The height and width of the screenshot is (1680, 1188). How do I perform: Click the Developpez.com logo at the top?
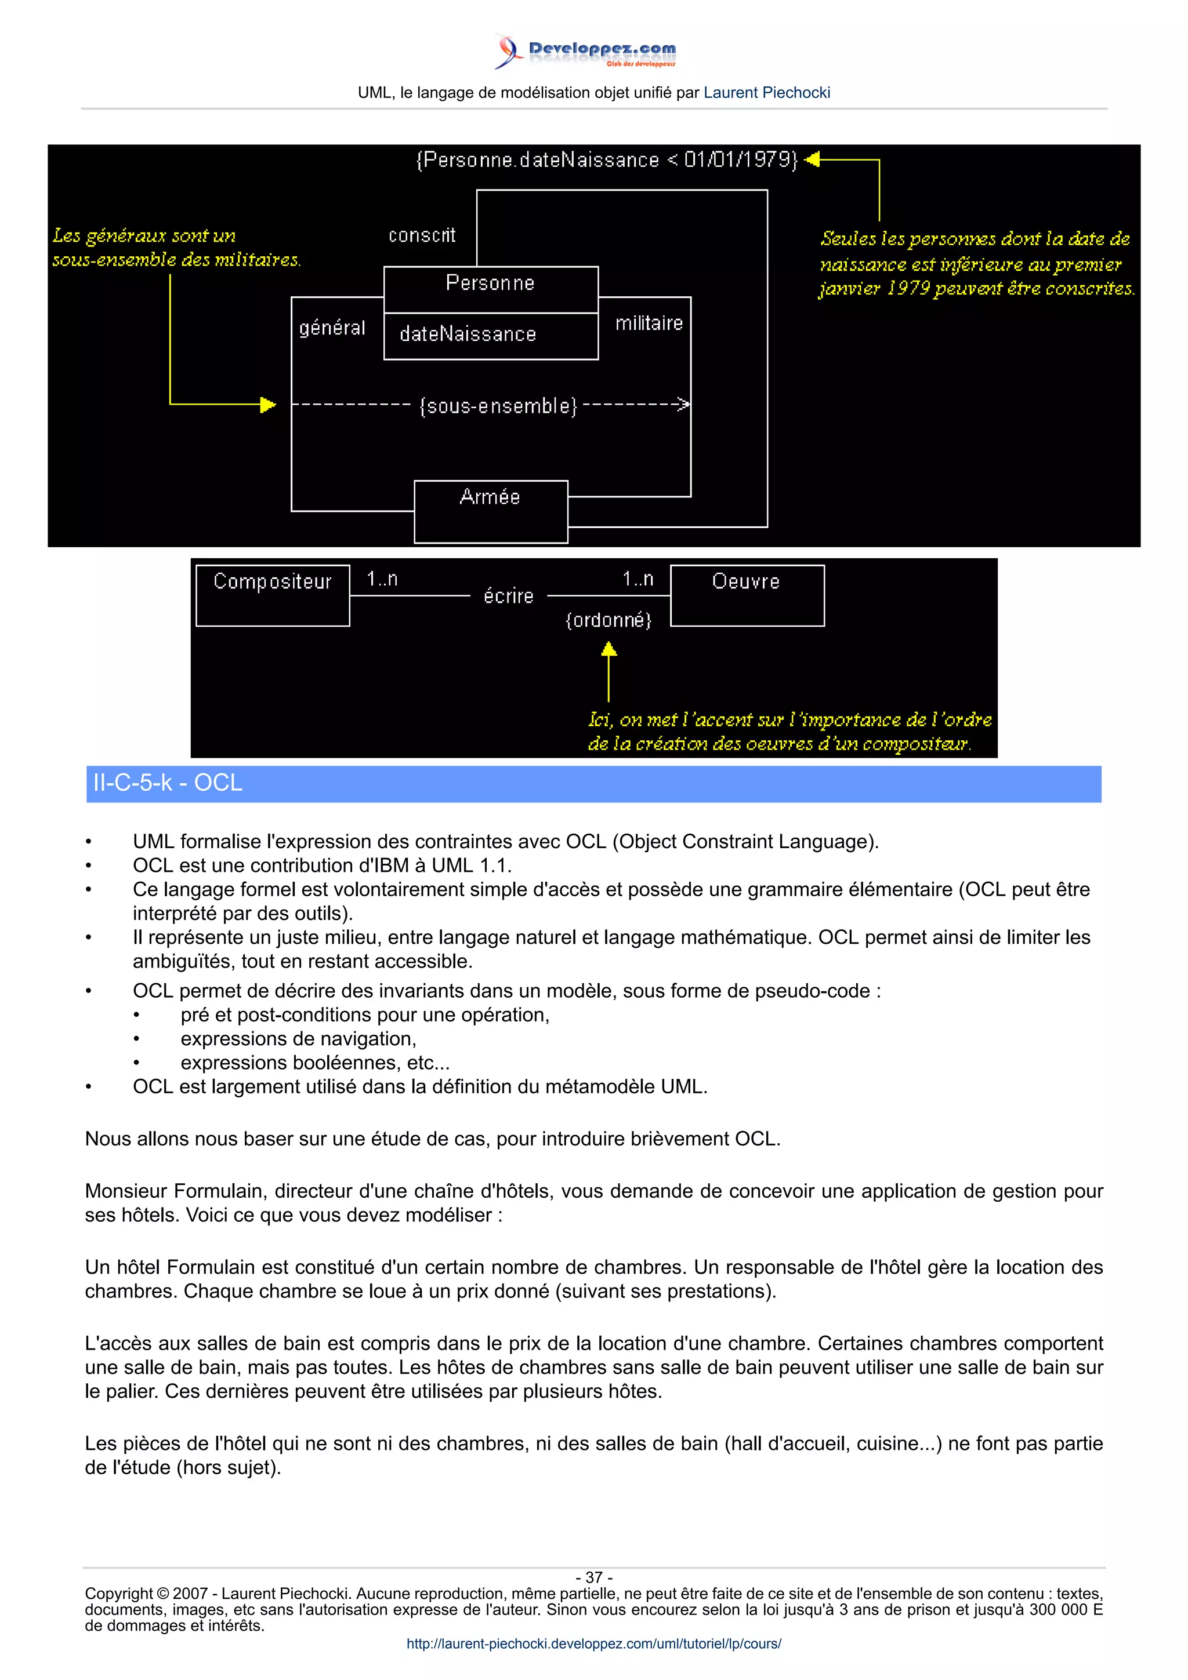[585, 51]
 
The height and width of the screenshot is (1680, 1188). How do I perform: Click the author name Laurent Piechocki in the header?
[766, 93]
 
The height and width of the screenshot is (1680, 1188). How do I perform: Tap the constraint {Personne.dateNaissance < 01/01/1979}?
[606, 159]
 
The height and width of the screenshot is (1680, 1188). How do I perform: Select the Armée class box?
[490, 511]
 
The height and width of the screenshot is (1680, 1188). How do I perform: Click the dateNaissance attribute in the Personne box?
[468, 334]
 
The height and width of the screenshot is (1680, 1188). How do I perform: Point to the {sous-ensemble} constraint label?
[498, 405]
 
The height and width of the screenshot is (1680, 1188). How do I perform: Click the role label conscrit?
[422, 235]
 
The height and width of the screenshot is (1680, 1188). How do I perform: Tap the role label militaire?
[649, 323]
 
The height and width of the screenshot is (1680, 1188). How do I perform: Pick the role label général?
[332, 328]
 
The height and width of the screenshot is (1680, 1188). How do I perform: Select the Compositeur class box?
[272, 595]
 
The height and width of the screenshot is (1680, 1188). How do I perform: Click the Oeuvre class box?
[747, 595]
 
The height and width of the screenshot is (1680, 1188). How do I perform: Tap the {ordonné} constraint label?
[609, 620]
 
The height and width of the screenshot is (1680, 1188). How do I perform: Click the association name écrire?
[509, 597]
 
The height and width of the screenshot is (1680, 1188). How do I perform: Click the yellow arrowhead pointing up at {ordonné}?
[609, 649]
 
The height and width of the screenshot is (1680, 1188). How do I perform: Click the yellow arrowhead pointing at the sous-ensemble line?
[268, 405]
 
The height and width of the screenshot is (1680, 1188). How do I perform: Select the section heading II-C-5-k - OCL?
[168, 783]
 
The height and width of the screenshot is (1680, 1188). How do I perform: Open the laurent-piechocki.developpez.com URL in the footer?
[593, 1643]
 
